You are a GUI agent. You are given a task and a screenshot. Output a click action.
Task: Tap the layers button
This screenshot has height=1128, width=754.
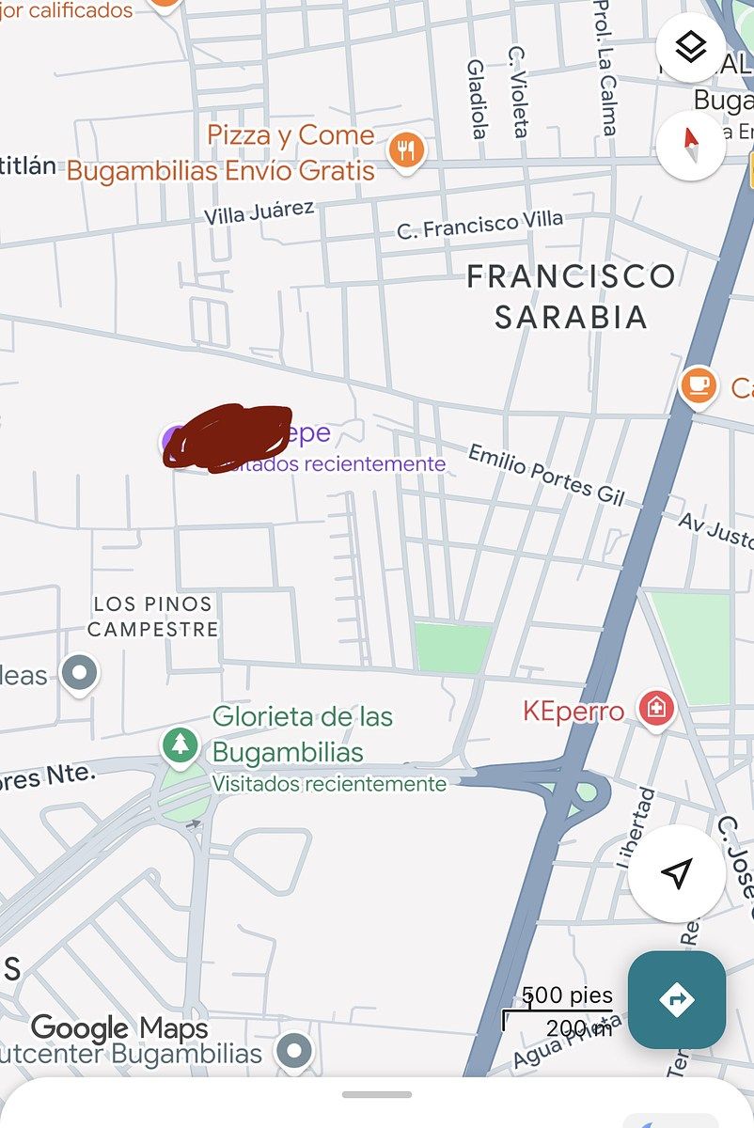[691, 47]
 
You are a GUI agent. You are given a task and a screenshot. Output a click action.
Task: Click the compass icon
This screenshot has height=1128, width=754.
[691, 145]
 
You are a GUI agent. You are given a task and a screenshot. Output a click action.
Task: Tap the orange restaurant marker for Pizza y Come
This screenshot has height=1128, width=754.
[406, 149]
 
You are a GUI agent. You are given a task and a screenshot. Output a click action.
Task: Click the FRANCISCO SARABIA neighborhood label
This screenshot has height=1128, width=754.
[571, 296]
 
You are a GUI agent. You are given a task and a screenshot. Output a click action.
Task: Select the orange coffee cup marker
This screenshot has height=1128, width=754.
[698, 385]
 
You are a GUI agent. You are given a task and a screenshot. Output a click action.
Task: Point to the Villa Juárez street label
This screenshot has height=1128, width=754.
[259, 212]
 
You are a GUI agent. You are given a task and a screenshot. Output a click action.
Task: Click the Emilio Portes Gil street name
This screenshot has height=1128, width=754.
[545, 474]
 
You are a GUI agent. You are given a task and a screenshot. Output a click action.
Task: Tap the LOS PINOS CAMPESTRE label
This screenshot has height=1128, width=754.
[153, 617]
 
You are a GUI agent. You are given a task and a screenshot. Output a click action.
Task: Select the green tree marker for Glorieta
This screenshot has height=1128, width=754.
[180, 746]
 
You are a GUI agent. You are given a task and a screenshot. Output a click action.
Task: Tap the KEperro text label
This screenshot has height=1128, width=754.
[573, 711]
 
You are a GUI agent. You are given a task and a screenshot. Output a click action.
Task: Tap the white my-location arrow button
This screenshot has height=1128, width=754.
[677, 873]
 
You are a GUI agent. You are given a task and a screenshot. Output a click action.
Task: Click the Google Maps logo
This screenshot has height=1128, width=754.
[118, 1028]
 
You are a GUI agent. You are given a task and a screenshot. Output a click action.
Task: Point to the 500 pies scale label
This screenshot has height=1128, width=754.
[567, 995]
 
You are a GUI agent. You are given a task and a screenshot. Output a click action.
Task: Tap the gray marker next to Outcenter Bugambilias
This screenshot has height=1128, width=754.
[295, 1052]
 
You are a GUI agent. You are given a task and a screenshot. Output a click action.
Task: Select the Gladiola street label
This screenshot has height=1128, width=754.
[478, 99]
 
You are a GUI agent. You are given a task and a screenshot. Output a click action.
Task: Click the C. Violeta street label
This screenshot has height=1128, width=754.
[518, 92]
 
